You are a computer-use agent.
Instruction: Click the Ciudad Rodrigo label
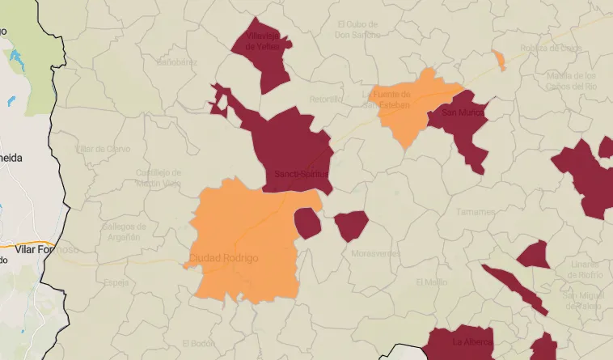pyautogui.click(x=223, y=258)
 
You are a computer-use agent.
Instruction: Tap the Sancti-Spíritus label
pyautogui.click(x=301, y=174)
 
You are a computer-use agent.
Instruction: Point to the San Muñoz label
pyautogui.click(x=461, y=112)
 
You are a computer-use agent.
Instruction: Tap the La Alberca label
pyautogui.click(x=471, y=341)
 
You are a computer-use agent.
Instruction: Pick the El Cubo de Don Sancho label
pyautogui.click(x=357, y=30)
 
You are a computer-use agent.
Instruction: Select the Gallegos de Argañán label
pyautogui.click(x=124, y=232)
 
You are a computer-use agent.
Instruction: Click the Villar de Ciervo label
pyautogui.click(x=102, y=149)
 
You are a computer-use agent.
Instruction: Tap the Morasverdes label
pyautogui.click(x=375, y=253)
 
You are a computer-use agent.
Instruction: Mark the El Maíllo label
pyautogui.click(x=431, y=282)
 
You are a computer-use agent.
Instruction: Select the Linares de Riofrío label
pyautogui.click(x=584, y=269)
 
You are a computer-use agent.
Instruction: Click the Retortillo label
pyautogui.click(x=327, y=100)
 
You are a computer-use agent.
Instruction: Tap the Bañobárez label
pyautogui.click(x=176, y=61)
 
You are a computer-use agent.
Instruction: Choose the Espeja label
pyautogui.click(x=116, y=282)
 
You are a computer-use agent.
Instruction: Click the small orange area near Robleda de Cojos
pyautogui.click(x=499, y=59)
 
